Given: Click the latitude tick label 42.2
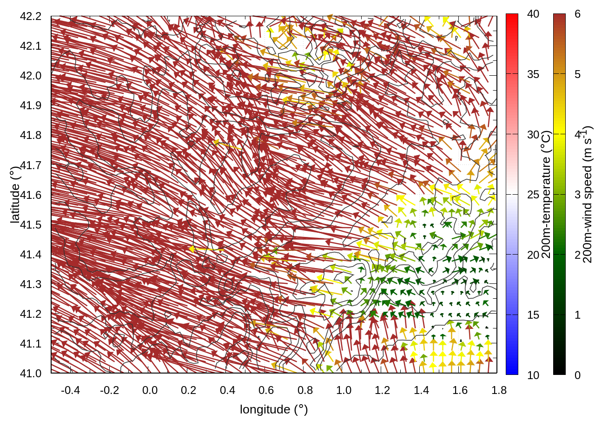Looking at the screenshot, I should pyautogui.click(x=31, y=16).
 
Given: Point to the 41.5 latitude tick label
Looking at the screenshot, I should pyautogui.click(x=31, y=225).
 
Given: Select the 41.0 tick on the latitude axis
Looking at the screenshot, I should pyautogui.click(x=31, y=374).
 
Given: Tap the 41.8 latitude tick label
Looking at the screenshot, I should pyautogui.click(x=31, y=135).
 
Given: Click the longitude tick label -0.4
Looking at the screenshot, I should pyautogui.click(x=70, y=390).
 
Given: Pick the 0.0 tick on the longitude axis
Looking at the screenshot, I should pyautogui.click(x=150, y=390).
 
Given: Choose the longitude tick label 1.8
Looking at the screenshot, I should pyautogui.click(x=499, y=390).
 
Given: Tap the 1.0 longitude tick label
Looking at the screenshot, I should pyautogui.click(x=344, y=390).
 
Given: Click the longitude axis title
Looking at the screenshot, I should pyautogui.click(x=274, y=409).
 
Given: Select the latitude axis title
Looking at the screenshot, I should pyautogui.click(x=15, y=195).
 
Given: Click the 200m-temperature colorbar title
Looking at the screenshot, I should pyautogui.click(x=546, y=195).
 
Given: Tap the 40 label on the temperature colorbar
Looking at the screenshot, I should pyautogui.click(x=533, y=14).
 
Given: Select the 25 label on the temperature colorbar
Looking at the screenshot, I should pyautogui.click(x=533, y=195).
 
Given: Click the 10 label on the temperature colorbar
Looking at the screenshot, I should pyautogui.click(x=533, y=375).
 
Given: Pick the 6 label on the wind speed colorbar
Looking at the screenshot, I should pyautogui.click(x=577, y=14).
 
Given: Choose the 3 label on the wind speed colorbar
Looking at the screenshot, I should pyautogui.click(x=577, y=195).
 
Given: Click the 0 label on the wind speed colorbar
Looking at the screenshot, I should pyautogui.click(x=577, y=375).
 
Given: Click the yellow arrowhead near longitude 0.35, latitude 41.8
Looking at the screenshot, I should pyautogui.click(x=216, y=142).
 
